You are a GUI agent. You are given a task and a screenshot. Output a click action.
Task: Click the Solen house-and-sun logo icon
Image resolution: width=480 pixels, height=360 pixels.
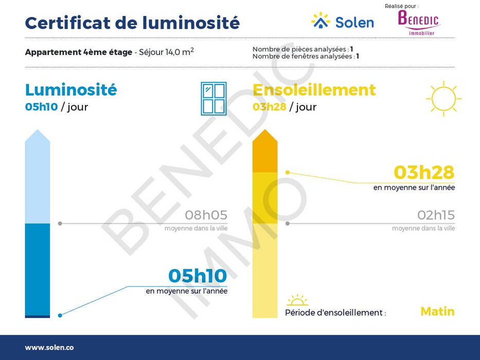click(321, 21)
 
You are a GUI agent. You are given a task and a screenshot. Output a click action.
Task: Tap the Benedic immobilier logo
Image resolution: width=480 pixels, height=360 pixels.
click(418, 23)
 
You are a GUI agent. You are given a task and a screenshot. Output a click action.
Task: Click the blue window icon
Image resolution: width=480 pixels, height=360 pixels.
click(214, 99)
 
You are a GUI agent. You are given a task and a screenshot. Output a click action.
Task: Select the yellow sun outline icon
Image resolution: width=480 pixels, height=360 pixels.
click(443, 99)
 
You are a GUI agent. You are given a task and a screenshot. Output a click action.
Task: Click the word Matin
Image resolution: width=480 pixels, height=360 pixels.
click(437, 311)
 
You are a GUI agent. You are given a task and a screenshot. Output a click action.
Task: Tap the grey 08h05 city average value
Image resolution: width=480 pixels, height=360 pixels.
click(206, 215)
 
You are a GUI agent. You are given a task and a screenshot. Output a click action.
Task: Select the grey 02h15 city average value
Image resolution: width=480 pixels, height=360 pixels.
click(436, 215)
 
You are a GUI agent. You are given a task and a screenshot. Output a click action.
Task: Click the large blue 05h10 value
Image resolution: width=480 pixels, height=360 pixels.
click(198, 276)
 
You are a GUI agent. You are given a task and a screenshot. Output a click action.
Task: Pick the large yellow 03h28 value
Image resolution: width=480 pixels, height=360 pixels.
click(424, 172)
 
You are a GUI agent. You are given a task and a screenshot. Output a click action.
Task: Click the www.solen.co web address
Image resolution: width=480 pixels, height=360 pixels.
click(49, 348)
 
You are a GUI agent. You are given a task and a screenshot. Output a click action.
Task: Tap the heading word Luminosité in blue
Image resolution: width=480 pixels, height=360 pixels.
click(71, 89)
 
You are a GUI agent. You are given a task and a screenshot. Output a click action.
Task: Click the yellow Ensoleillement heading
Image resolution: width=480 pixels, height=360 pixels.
click(314, 89)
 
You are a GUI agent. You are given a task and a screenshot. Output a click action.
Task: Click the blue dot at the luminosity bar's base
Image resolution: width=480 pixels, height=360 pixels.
click(60, 315)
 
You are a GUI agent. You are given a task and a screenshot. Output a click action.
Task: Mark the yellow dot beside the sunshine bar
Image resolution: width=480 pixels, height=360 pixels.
click(288, 173)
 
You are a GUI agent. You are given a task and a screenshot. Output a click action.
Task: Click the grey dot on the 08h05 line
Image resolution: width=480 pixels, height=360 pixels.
click(60, 224)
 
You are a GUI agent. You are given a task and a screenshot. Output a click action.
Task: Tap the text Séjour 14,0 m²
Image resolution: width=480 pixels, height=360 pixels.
click(166, 52)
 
